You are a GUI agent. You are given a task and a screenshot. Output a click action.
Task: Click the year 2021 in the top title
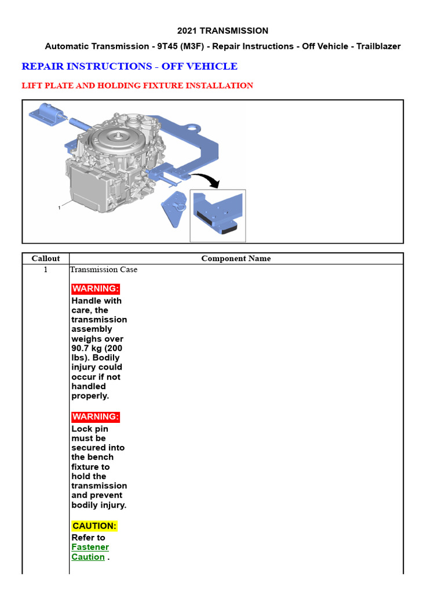click(188, 31)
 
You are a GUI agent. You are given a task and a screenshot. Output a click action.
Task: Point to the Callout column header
click(45, 259)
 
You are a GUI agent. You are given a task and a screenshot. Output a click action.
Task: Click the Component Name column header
click(236, 259)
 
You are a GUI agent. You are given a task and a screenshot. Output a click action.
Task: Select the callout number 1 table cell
click(45, 270)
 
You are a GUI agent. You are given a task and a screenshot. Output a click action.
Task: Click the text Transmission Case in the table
click(104, 270)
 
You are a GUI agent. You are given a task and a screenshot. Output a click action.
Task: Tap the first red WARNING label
click(96, 289)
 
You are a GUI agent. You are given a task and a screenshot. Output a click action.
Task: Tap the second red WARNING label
click(96, 416)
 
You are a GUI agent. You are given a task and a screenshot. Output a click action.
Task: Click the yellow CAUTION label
click(94, 526)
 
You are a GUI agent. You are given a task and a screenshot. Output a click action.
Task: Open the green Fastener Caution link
click(90, 552)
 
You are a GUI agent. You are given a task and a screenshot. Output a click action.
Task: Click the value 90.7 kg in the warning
click(86, 348)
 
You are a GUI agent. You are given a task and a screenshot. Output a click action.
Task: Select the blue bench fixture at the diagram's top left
click(46, 113)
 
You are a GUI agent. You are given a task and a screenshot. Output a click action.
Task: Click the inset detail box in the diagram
click(218, 215)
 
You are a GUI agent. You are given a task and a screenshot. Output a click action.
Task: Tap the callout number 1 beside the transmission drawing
click(59, 208)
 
